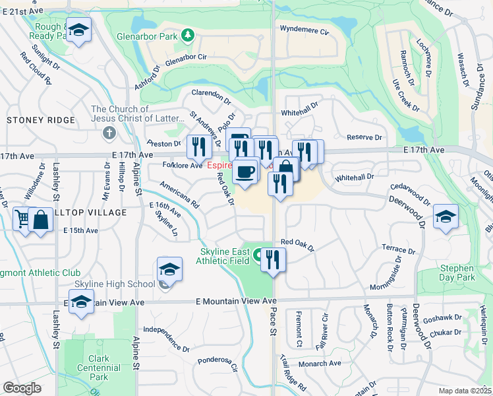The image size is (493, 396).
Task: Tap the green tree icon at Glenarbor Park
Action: click(x=188, y=34)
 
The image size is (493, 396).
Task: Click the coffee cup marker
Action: click(x=246, y=172)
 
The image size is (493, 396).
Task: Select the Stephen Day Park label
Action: click(x=457, y=273)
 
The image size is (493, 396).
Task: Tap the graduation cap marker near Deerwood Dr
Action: click(x=446, y=216)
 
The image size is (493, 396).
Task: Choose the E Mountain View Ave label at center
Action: click(x=236, y=301)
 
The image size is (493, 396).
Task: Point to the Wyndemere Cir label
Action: click(x=304, y=30)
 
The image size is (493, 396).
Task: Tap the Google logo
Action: click(x=22, y=388)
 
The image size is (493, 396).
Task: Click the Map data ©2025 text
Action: click(x=465, y=391)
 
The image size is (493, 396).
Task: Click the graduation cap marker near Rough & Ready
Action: click(x=79, y=29)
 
